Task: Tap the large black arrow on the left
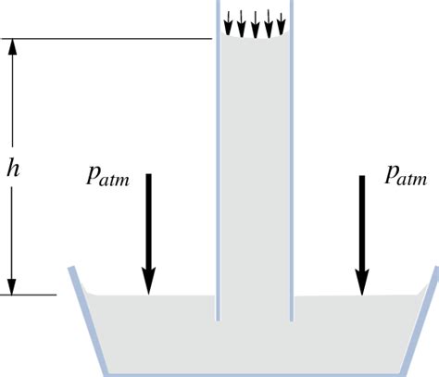pos(148,232)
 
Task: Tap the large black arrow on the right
pos(362,232)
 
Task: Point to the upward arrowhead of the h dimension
pos(12,46)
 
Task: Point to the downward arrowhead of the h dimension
pos(12,286)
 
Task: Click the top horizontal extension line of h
pos(111,39)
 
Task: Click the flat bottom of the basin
pos(255,373)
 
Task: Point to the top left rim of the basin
pos(70,270)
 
